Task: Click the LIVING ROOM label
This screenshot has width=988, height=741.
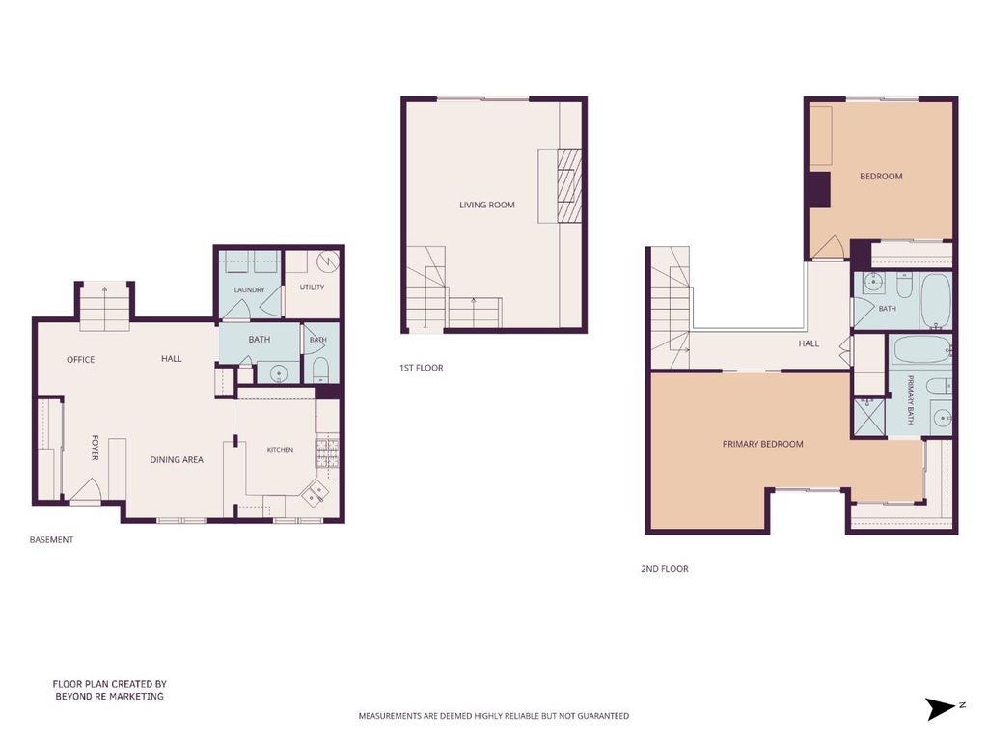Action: pos(486,205)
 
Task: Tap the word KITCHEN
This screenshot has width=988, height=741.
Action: pos(280,450)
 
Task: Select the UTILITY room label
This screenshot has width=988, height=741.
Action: pos(312,288)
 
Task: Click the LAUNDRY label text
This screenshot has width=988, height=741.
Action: pos(249,289)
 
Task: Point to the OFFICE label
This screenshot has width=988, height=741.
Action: pos(81,360)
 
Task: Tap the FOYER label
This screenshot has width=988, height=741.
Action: pos(96,448)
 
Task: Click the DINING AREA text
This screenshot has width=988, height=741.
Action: pos(177,460)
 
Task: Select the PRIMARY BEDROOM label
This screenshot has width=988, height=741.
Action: pos(762,444)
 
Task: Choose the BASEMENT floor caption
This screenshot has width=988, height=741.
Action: pos(52,540)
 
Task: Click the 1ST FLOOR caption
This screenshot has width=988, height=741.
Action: pos(421,368)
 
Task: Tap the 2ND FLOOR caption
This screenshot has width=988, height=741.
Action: pos(665,569)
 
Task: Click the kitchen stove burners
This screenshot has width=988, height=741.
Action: pos(327,453)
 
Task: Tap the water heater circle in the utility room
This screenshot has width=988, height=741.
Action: pos(328,261)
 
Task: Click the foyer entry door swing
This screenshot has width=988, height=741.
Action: pos(86,491)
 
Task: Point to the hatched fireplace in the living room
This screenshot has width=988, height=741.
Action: pos(569,186)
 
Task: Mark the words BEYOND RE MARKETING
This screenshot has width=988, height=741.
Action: pos(110,697)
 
